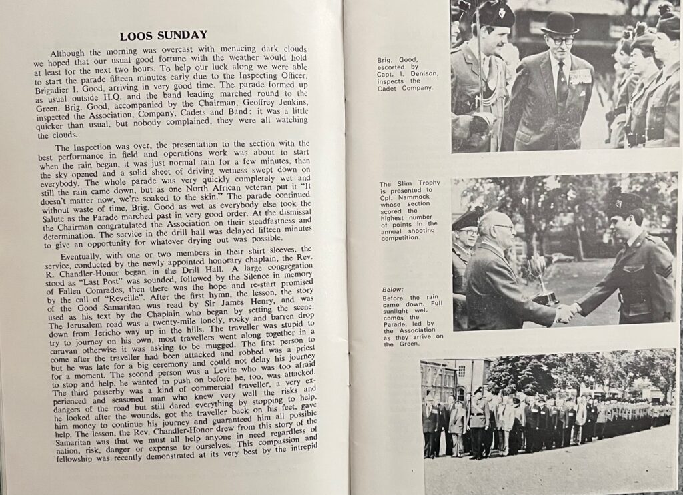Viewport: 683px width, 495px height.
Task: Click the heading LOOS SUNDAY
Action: tap(163, 35)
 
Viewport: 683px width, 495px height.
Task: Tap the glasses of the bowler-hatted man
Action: tap(562, 41)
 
